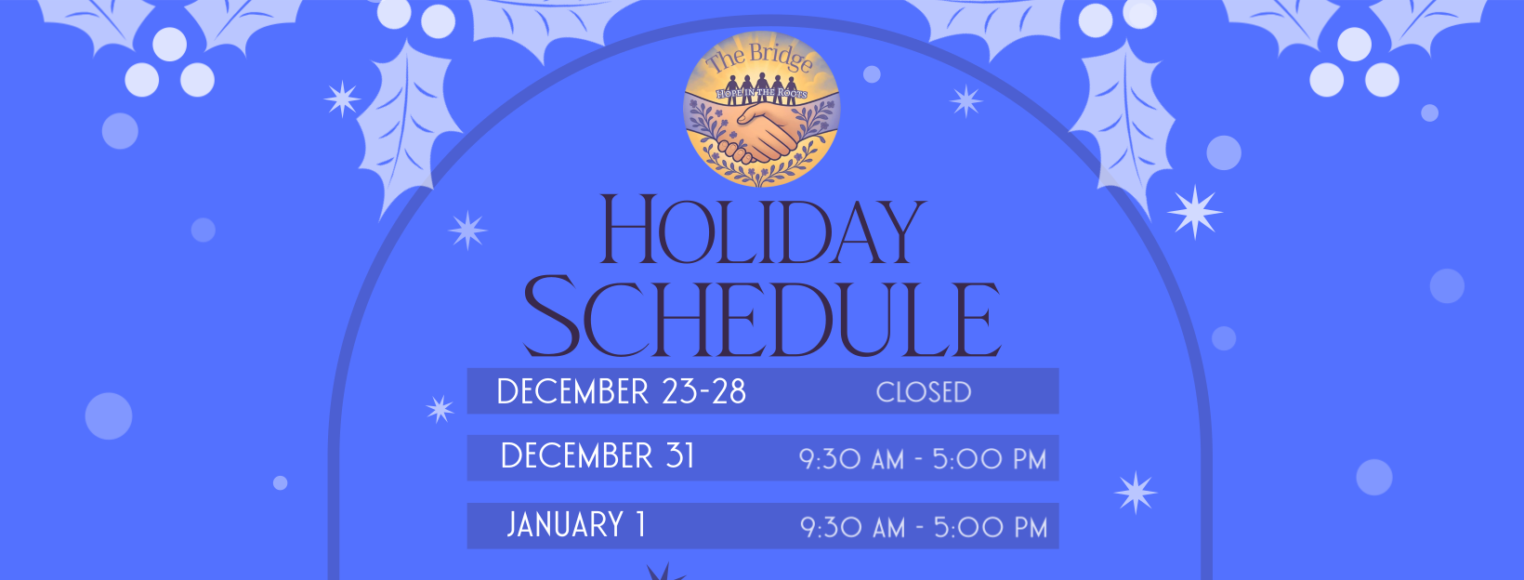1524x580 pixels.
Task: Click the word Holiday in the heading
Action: coord(763,230)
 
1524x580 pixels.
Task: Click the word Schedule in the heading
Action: coord(762,317)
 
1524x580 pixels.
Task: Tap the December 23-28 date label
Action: coord(621,391)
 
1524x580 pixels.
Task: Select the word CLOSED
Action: coord(924,392)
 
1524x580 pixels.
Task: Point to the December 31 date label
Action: coord(598,456)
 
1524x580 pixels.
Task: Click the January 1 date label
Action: coord(575,525)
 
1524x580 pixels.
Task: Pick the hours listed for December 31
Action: coord(923,459)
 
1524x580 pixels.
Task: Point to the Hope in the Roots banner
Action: coord(761,94)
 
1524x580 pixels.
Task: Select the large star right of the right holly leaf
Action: coord(1195,212)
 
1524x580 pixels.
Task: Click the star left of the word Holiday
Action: coord(467,231)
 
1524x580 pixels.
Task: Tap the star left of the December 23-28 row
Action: coord(440,408)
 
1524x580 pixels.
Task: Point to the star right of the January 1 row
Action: coord(1136,493)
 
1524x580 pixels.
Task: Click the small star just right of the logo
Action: coord(966,101)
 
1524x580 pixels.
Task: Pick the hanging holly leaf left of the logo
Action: coord(405,125)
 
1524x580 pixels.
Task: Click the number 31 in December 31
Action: coord(679,456)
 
